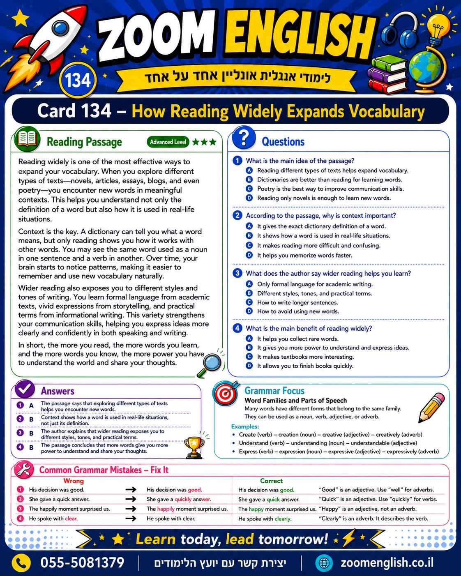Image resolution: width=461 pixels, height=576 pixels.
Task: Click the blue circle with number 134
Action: point(78,80)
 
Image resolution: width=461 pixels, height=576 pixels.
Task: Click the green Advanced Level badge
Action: point(168,142)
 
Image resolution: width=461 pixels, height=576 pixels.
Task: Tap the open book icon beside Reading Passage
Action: point(27,139)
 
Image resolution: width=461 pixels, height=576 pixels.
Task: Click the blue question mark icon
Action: point(244,138)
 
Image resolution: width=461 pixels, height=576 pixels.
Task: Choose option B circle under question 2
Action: point(249,235)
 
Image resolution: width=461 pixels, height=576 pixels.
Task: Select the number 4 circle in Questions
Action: point(237,328)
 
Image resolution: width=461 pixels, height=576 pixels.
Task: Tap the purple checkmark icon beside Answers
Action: point(25,389)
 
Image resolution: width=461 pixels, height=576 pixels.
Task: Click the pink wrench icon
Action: point(24,470)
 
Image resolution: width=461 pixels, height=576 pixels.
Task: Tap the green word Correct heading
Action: point(271,481)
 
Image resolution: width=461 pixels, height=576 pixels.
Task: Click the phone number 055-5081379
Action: point(82,562)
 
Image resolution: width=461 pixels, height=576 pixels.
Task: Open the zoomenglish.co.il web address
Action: point(387,562)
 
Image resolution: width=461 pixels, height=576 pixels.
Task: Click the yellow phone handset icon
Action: point(21,562)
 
